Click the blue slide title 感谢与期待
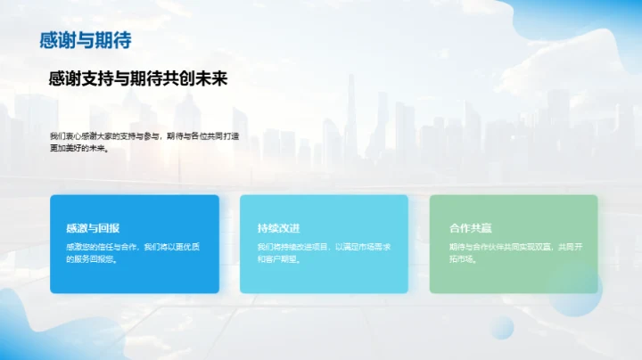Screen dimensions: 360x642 coord(86,40)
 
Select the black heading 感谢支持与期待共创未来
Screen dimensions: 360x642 coord(138,79)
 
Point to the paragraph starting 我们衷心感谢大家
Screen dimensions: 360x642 coord(144,142)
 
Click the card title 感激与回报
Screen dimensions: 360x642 coord(93,228)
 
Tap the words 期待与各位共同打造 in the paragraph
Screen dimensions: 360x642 coord(202,135)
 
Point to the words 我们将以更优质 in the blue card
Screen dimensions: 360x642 coord(171,246)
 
